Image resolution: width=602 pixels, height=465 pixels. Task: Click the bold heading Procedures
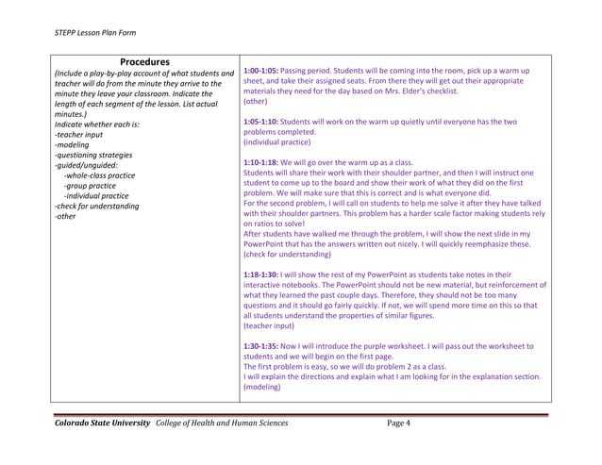click(x=144, y=62)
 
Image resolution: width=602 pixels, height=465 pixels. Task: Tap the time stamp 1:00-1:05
click(x=259, y=72)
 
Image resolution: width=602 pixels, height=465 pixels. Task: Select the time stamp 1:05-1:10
click(x=259, y=123)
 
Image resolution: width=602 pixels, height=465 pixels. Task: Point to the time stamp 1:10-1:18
click(x=259, y=163)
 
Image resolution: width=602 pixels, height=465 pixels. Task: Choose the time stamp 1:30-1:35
click(x=259, y=346)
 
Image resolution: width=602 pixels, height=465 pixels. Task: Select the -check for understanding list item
click(x=97, y=206)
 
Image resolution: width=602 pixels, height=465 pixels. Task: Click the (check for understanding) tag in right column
click(x=287, y=255)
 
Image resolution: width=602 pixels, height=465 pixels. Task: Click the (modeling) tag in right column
click(x=262, y=387)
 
